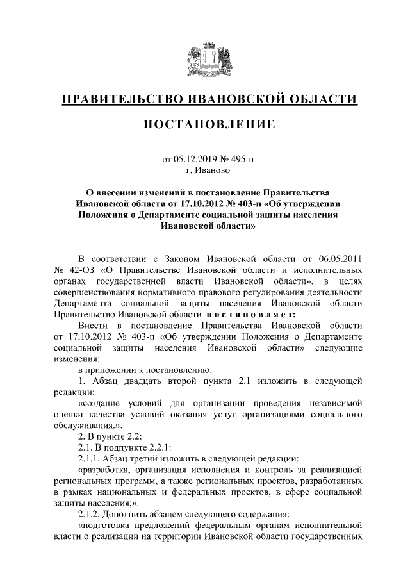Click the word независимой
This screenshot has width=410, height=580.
pyautogui.click(x=336, y=403)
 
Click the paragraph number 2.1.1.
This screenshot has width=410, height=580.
pyautogui.click(x=90, y=458)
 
